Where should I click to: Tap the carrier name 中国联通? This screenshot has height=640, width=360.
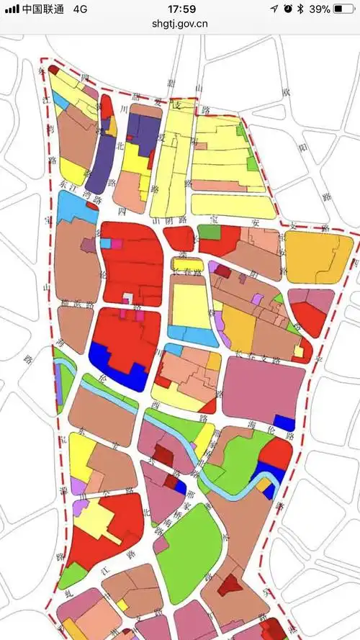[x=42, y=9]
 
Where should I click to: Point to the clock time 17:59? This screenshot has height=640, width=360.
[x=181, y=9]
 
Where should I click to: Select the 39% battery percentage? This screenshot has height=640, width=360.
[x=320, y=9]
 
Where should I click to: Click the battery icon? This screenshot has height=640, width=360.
[x=345, y=9]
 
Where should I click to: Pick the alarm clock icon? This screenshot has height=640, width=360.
[x=288, y=9]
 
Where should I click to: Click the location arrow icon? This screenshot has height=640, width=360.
[x=274, y=9]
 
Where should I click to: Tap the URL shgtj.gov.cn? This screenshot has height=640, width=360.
[x=180, y=23]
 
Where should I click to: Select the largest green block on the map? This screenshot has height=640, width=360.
[x=189, y=544]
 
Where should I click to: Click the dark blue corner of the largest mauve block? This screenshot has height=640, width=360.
[x=284, y=423]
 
